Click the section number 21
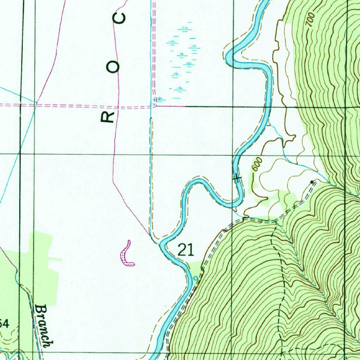(x=186, y=250)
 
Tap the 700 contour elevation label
(x=309, y=21)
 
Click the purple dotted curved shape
(x=127, y=254)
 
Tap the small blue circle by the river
(x=196, y=278)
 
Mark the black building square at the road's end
(x=312, y=181)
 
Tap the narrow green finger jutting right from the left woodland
(x=56, y=259)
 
